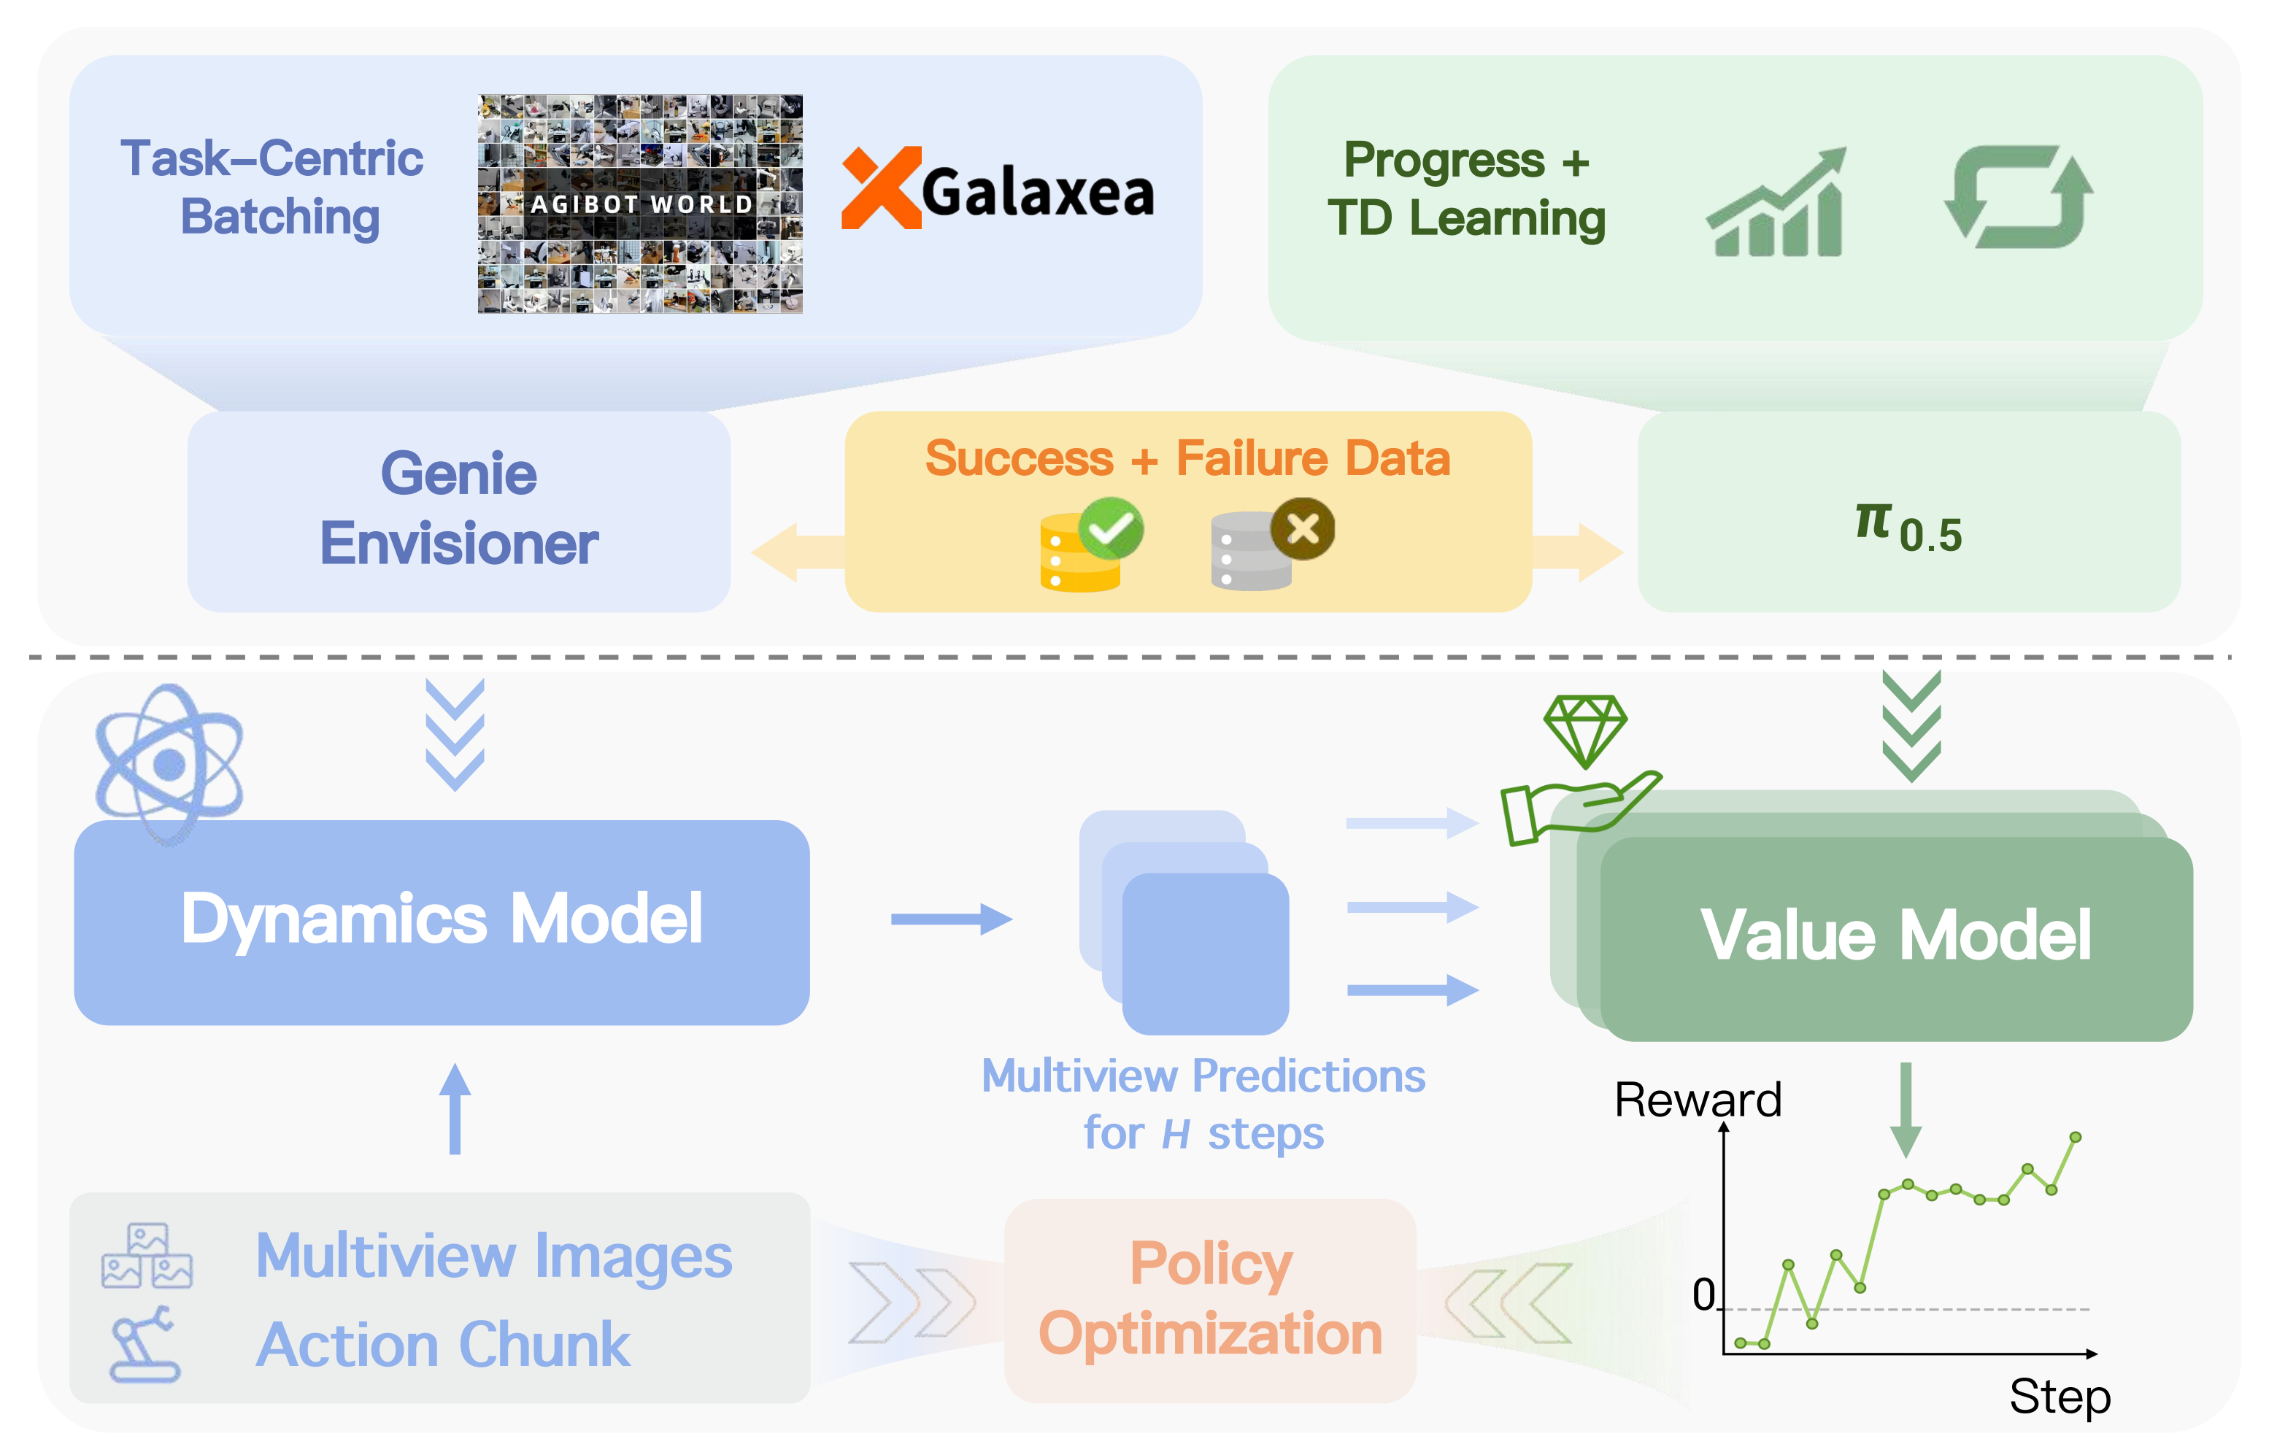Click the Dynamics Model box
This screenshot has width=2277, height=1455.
tap(441, 922)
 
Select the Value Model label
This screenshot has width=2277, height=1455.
tap(1895, 936)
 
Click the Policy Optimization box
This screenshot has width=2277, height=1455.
tap(1209, 1300)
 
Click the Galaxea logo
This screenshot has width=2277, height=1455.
tap(998, 189)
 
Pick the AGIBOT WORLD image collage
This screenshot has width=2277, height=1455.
tap(640, 204)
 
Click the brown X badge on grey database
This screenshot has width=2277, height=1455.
tap(1302, 528)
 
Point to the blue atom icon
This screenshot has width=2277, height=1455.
tap(169, 763)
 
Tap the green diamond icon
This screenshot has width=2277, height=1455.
tap(1585, 729)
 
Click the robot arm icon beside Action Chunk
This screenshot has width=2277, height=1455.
tap(144, 1344)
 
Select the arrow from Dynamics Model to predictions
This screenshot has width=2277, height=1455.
tap(950, 918)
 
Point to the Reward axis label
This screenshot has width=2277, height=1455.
tap(1698, 1100)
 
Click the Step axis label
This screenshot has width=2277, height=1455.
tap(2060, 1397)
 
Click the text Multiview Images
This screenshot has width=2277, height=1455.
tap(493, 1257)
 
